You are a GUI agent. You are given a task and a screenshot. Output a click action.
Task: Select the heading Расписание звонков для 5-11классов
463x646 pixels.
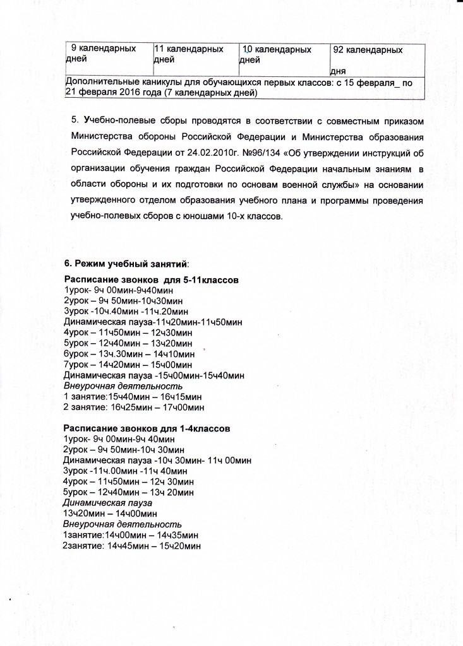tap(151, 279)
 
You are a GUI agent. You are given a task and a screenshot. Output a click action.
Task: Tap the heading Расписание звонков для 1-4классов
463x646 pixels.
tap(147, 428)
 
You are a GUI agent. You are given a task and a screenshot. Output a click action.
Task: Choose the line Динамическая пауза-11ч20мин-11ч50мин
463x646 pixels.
tap(153, 322)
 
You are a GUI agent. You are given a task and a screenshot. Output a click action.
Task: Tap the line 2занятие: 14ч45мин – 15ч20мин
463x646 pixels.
tap(131, 546)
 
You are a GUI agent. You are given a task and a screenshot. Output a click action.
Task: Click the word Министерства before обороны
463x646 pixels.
tap(107, 137)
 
